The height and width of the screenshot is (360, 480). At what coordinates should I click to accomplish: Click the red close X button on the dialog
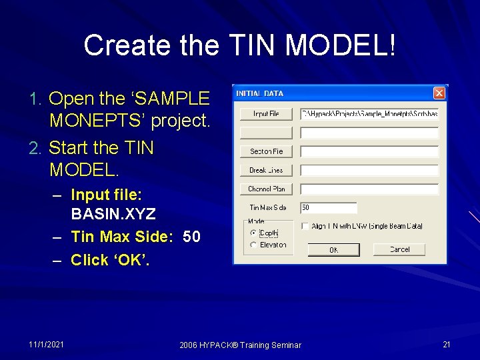439,93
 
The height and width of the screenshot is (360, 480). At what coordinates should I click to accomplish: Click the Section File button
266,151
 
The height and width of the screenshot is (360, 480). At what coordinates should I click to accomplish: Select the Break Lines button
266,170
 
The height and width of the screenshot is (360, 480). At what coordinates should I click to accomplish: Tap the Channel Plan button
266,189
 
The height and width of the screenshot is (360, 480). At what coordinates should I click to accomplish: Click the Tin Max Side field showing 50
328,208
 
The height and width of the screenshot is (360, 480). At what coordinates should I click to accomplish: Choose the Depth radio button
253,233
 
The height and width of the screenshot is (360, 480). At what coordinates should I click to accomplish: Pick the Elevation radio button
253,245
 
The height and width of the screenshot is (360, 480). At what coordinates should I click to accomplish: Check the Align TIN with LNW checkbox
304,226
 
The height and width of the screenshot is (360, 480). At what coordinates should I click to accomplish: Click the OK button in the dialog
333,250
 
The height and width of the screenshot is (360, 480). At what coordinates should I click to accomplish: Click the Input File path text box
369,114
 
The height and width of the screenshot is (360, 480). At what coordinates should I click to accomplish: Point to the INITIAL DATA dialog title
260,93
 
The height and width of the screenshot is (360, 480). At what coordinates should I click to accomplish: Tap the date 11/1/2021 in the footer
47,344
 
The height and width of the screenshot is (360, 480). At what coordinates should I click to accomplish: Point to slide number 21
447,344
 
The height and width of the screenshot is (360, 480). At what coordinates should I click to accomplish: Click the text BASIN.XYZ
113,214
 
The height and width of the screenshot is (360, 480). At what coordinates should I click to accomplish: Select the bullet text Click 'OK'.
110,259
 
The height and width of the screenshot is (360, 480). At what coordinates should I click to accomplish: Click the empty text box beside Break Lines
369,170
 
